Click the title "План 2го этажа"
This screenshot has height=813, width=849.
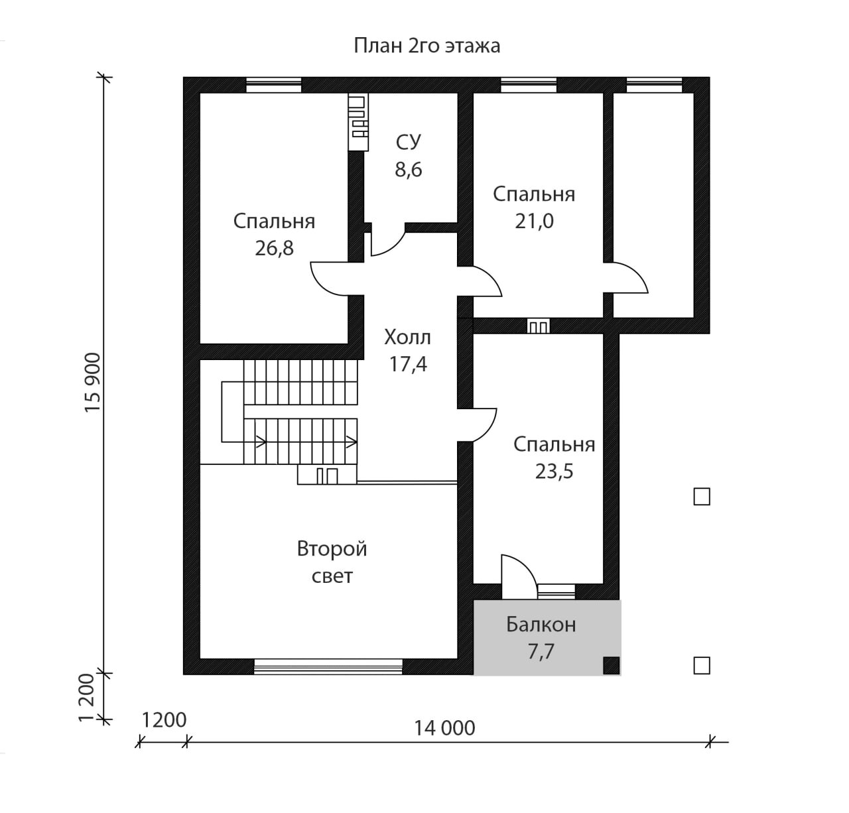[426, 46]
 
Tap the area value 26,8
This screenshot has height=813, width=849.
[274, 248]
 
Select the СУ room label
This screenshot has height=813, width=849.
[409, 142]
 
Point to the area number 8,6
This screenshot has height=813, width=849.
[409, 170]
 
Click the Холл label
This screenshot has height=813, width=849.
[407, 337]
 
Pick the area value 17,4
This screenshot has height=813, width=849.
[408, 364]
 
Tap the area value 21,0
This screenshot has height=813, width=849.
[534, 221]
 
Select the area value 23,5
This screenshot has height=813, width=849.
[554, 471]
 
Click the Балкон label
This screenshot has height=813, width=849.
[541, 625]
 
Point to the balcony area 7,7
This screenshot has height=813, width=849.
[541, 652]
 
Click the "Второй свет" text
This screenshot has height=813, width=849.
[332, 562]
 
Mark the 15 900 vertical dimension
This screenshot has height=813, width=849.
[93, 382]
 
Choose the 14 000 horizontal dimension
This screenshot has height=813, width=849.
[444, 728]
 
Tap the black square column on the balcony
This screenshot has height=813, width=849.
[612, 666]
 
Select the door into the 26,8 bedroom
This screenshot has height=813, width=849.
[330, 279]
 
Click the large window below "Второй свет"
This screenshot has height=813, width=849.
[328, 667]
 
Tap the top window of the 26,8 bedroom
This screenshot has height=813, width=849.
[273, 85]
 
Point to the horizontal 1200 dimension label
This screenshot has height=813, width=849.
[164, 720]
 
